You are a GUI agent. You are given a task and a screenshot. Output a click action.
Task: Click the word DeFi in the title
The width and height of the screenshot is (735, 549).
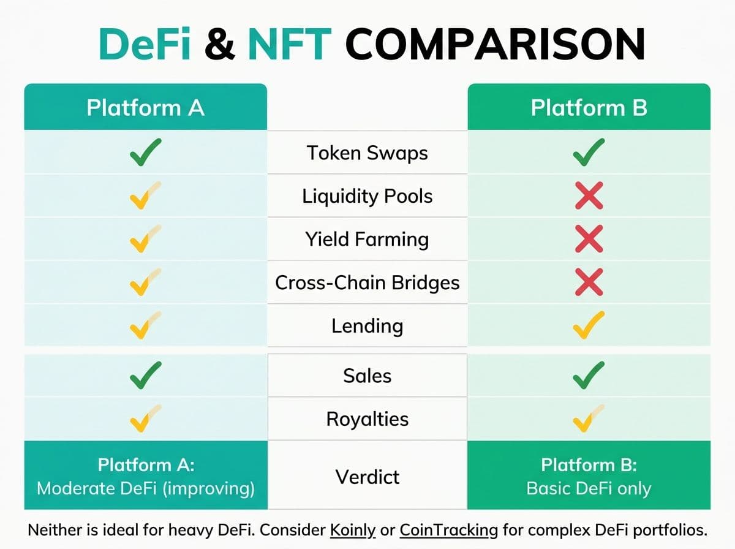click(145, 44)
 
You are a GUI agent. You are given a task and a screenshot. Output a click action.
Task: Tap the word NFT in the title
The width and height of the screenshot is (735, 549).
click(290, 44)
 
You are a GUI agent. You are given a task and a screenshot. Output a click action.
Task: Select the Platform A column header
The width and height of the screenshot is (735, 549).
click(146, 107)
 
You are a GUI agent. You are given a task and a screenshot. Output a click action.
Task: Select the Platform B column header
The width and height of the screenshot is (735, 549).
click(589, 107)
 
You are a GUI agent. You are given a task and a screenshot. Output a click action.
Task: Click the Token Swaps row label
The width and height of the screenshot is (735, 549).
click(367, 153)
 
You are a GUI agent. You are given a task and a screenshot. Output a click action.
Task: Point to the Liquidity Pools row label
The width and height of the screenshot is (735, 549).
click(367, 196)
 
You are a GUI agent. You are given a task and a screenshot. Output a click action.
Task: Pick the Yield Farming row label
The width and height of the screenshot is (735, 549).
click(367, 239)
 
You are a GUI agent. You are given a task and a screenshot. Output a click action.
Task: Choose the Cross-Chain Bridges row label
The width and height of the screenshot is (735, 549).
click(367, 282)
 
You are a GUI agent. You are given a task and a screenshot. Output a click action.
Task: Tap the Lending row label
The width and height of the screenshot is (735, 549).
click(367, 325)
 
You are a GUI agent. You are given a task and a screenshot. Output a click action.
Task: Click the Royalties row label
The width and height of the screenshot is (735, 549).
click(367, 419)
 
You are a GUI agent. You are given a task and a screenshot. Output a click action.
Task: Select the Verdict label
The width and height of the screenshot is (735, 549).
click(367, 477)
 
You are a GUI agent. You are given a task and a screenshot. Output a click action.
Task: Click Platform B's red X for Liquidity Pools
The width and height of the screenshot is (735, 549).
click(589, 195)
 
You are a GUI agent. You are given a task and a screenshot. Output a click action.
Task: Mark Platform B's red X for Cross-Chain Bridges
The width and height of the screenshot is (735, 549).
click(589, 282)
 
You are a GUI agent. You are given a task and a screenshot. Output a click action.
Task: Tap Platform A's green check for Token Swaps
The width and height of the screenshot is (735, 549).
click(145, 153)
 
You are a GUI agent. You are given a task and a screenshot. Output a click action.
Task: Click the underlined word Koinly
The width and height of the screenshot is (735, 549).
click(353, 531)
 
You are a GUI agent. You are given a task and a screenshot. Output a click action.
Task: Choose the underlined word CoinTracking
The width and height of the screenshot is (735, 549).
click(449, 531)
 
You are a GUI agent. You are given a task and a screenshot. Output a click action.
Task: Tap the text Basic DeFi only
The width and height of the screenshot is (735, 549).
click(589, 488)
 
